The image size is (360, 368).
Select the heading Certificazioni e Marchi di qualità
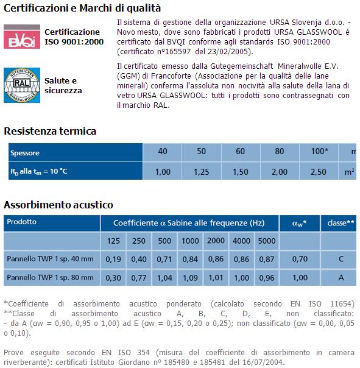click(82, 8)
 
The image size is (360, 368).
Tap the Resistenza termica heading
click(50, 131)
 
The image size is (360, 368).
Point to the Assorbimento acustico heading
click(58, 205)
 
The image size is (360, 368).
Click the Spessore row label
click(24, 153)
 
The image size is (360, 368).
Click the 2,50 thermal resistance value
click(318, 172)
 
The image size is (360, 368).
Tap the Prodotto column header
click(21, 222)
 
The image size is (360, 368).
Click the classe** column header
click(341, 223)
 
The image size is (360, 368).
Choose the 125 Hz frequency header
click(114, 241)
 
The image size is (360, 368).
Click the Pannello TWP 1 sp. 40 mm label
click(50, 259)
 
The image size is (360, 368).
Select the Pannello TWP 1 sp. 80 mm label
click(50, 278)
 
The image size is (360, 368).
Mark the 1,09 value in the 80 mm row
click(190, 278)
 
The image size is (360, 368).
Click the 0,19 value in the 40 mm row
click(114, 259)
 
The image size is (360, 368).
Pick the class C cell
click(341, 259)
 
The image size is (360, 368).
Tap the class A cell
click(341, 278)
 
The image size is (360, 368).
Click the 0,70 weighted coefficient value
click(298, 259)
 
